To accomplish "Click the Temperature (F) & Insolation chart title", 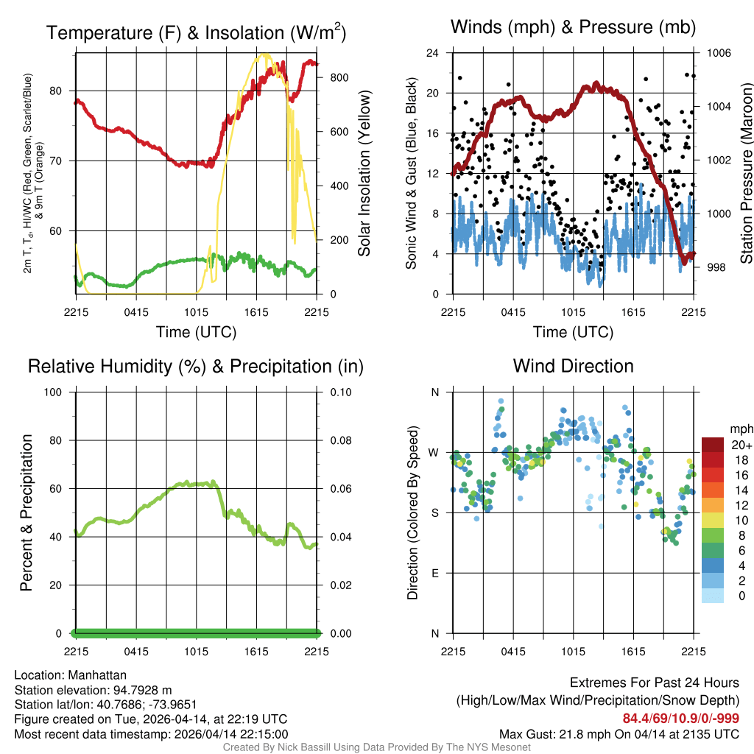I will coord(196,33).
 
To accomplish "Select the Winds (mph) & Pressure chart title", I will coord(573,28).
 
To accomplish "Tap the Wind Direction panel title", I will coord(573,366).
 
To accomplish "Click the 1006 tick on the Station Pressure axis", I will coord(718,53).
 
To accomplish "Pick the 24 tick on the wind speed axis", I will coord(432,53).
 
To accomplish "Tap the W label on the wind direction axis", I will coord(434,452).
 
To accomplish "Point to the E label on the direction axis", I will coord(434,573).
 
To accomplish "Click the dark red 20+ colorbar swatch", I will coord(712,445).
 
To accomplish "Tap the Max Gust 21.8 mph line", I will coord(619,734).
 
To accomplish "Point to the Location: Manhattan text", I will coord(70,675).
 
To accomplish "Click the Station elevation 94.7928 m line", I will coord(93,690).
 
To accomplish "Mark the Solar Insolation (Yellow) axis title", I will coord(364,174).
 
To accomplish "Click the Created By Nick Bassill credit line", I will coord(376,747).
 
